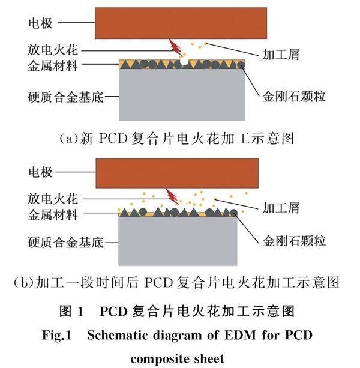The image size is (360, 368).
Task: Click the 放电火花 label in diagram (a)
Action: point(53,50)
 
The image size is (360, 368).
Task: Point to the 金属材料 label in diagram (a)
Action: point(53,65)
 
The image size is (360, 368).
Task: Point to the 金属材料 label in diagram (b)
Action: point(53,213)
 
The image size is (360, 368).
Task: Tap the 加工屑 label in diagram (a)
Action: point(282,55)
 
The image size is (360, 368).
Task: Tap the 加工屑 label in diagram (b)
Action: point(282,208)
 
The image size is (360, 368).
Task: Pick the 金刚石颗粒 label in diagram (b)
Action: point(294,241)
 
